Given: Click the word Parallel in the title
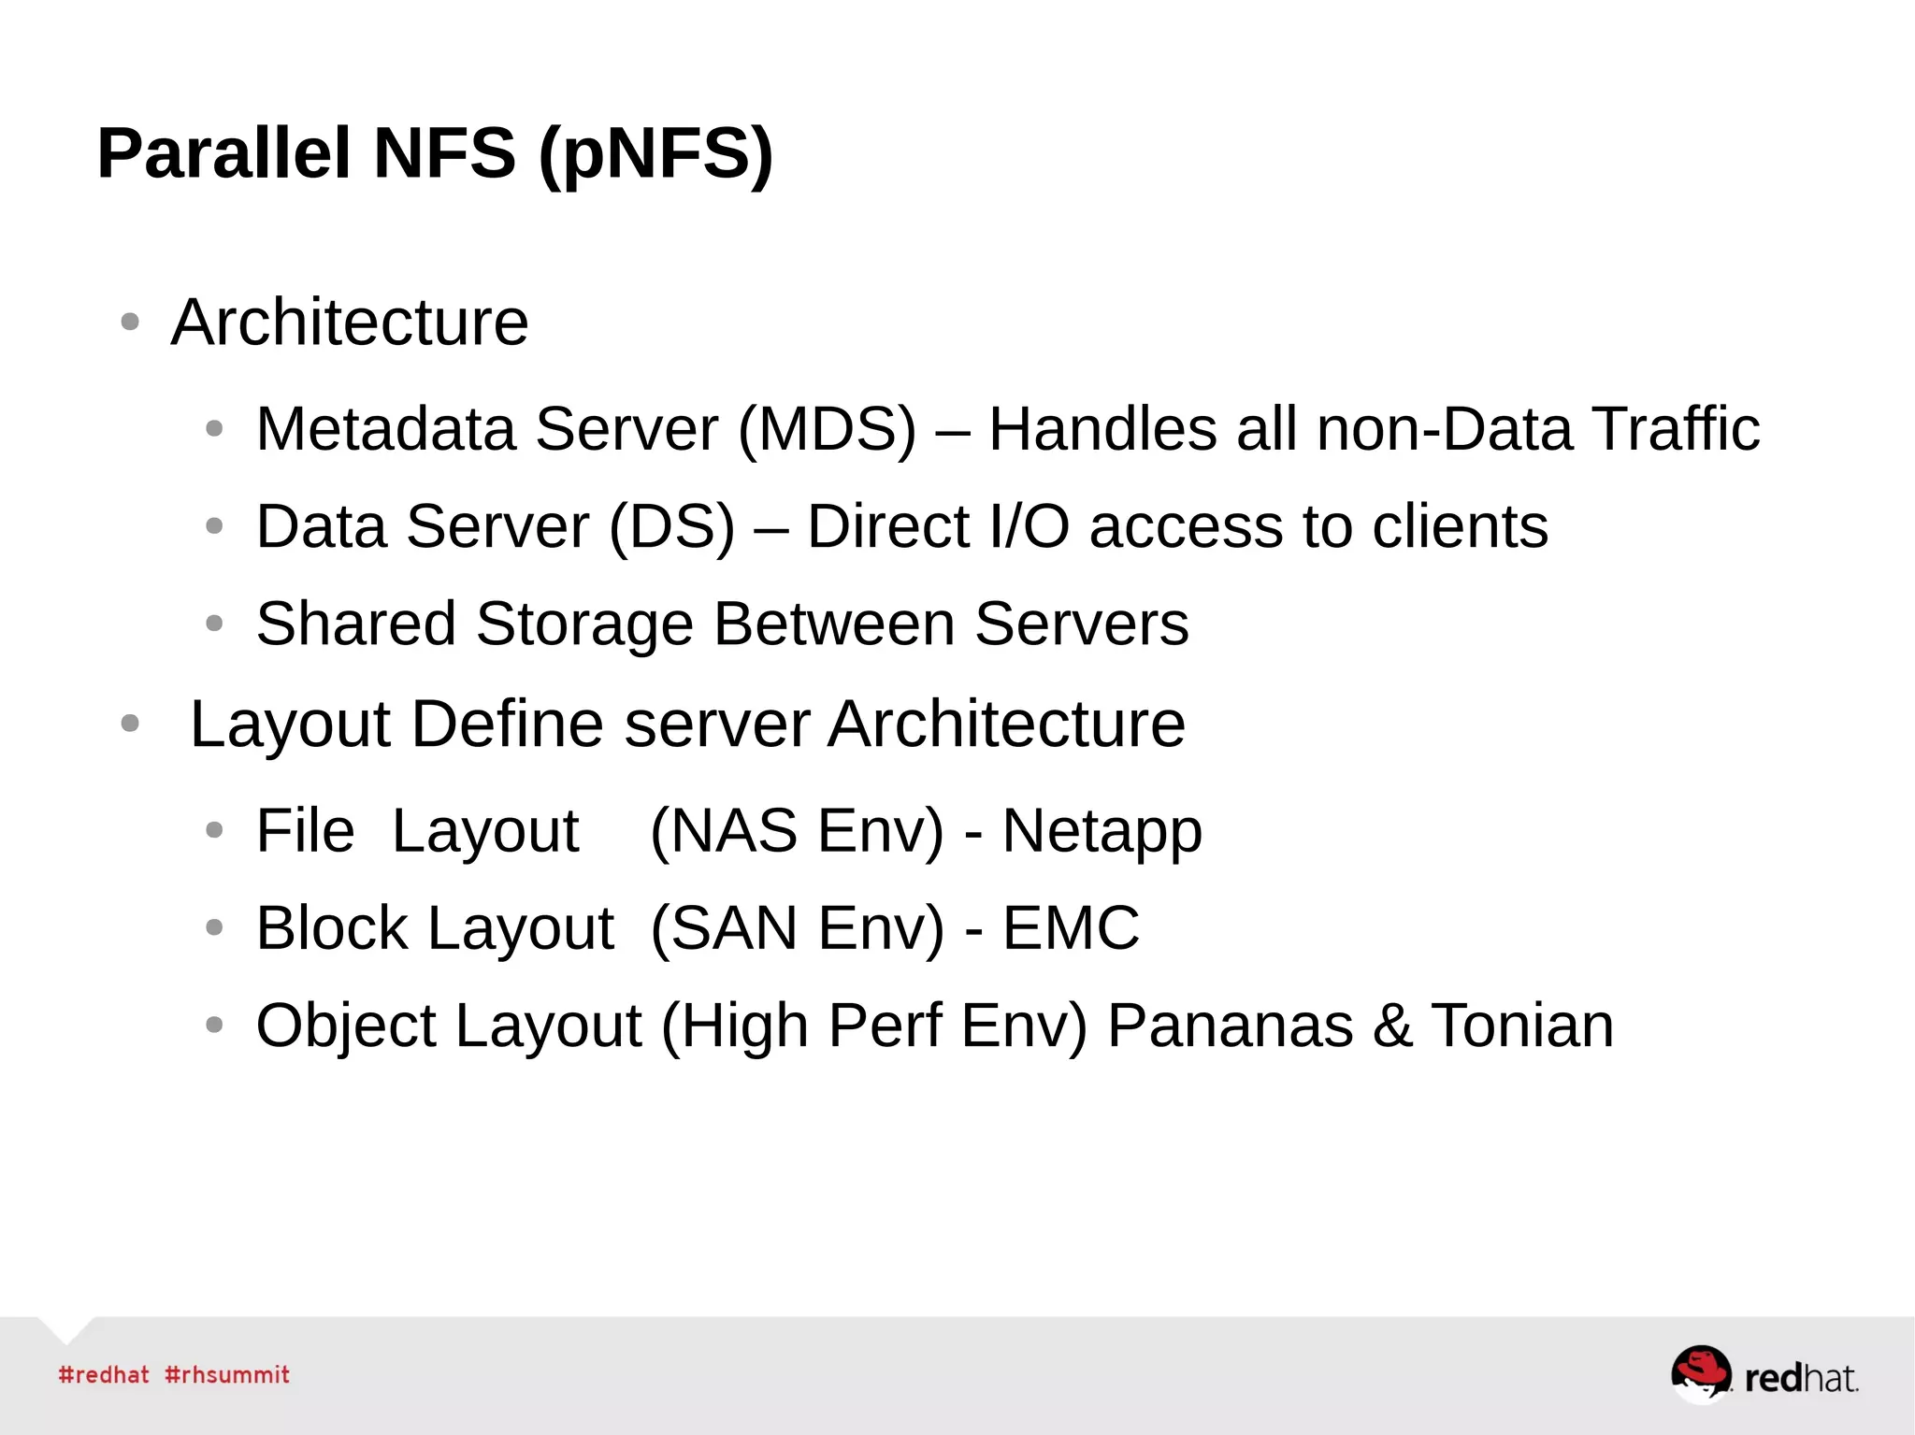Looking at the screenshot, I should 223,153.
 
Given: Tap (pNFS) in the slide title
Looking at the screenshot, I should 655,155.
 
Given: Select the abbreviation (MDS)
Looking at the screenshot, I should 827,430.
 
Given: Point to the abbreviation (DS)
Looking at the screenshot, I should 671,527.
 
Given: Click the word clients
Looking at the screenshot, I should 1459,526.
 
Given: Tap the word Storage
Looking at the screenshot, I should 584,624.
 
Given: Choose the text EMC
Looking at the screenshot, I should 1071,928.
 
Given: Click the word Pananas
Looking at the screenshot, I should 1230,1026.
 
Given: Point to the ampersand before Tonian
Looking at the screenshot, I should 1392,1026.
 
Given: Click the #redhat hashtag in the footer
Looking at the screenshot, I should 104,1375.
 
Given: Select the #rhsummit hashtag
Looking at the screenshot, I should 227,1375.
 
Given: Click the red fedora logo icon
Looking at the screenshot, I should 1700,1373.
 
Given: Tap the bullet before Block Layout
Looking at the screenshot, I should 214,928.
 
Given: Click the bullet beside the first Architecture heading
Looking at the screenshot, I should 130,323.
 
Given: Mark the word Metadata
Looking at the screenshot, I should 385,430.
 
